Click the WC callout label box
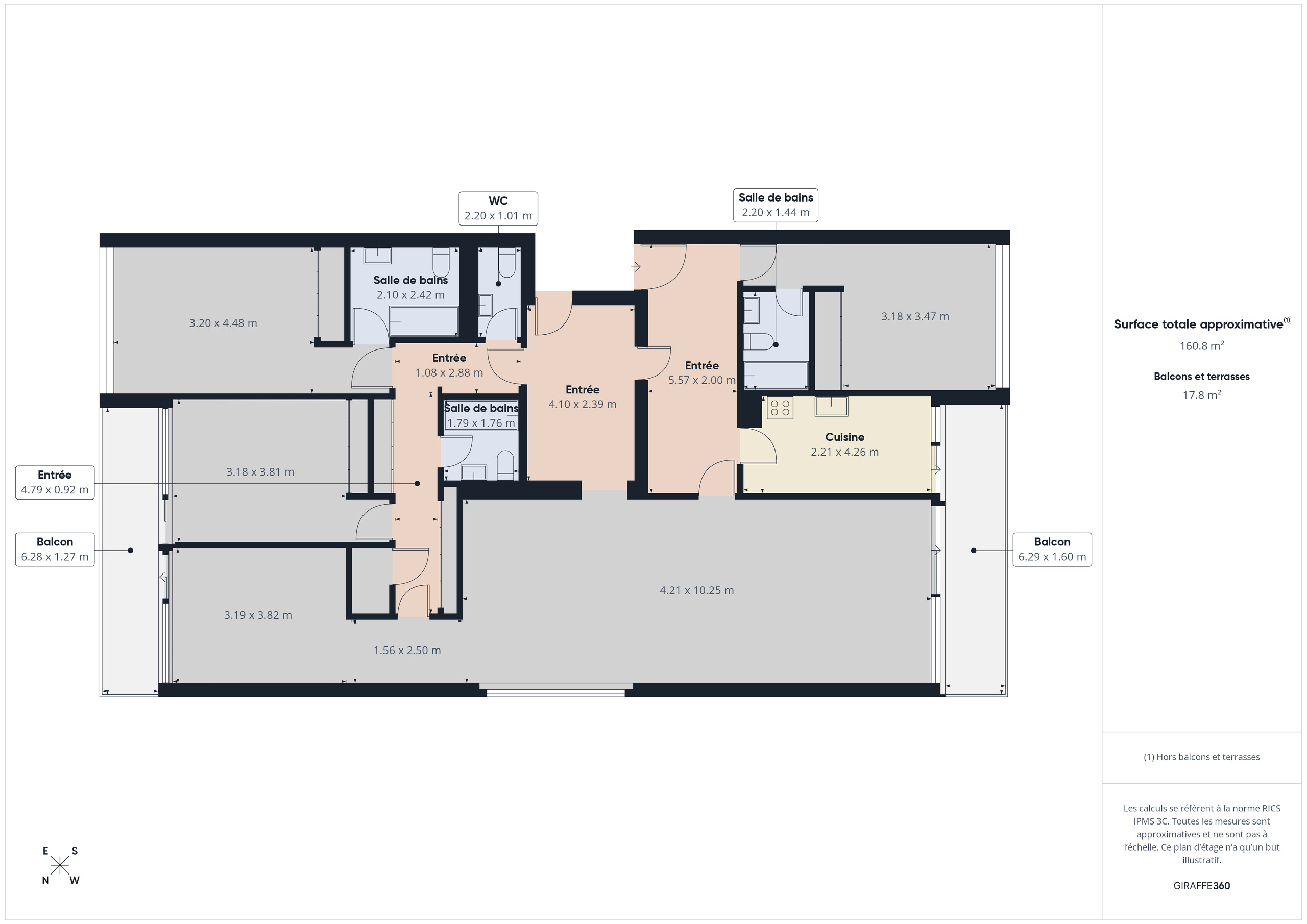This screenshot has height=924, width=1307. [x=498, y=208]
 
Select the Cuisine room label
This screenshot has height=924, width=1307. [x=844, y=437]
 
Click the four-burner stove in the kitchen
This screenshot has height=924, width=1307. [x=779, y=407]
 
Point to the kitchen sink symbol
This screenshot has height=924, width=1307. [x=831, y=406]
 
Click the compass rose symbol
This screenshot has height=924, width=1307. [x=60, y=865]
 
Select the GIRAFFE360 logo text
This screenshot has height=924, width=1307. [x=1201, y=885]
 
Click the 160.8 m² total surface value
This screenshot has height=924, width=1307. [x=1201, y=345]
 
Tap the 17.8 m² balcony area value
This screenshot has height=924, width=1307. [x=1201, y=395]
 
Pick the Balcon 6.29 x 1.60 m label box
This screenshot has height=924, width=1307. [x=1051, y=549]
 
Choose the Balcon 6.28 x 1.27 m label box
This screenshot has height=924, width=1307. [x=55, y=549]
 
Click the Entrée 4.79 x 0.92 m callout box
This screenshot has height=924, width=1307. [x=55, y=482]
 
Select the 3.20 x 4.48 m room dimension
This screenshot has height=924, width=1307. [x=223, y=323]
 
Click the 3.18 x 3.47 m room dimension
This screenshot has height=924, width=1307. [x=915, y=316]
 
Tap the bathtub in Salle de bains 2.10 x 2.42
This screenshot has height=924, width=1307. [x=424, y=321]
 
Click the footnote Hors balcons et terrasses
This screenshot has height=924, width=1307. [x=1201, y=757]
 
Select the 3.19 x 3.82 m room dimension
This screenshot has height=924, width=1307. [x=257, y=615]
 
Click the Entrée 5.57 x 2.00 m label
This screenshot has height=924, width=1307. [x=701, y=372]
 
